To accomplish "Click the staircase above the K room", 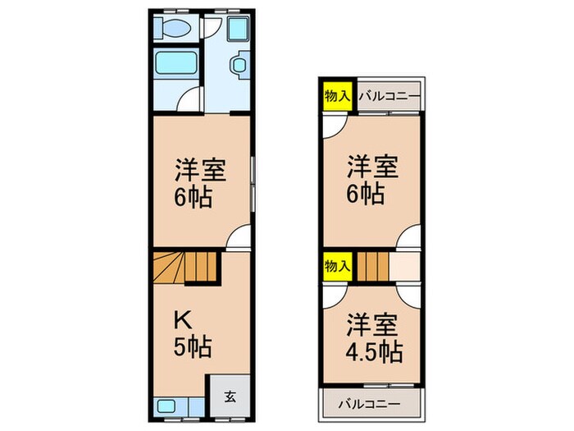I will point(187,267).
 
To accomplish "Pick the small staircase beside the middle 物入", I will point(371,267).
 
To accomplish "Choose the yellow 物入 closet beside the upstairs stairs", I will point(337,267).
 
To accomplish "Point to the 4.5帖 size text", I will point(373,352).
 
